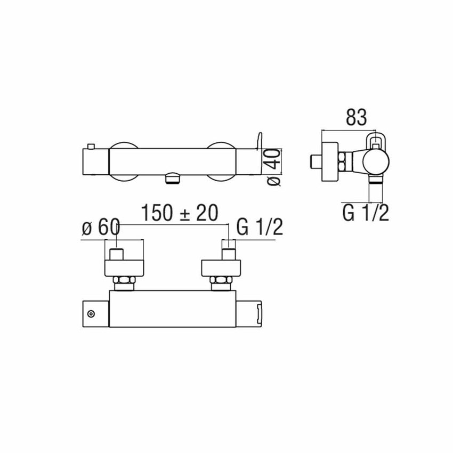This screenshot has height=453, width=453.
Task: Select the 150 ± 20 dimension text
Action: point(180,213)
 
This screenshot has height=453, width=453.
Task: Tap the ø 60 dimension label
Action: point(101,228)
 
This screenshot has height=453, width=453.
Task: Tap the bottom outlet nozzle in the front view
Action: point(171,179)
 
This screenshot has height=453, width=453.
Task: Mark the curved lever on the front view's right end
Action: point(260,142)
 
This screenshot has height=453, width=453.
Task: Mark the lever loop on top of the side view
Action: point(376,140)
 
